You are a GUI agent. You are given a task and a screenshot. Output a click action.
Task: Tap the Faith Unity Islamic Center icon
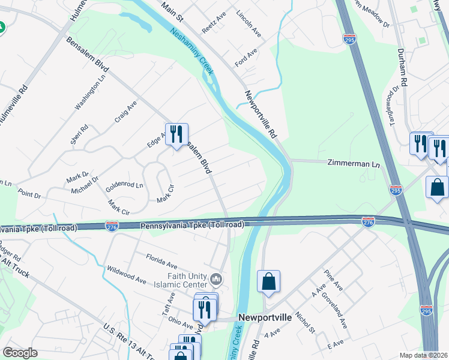217,279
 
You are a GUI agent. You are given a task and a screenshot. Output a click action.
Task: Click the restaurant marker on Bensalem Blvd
176,134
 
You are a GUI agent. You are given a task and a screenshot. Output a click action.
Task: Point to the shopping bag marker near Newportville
269,282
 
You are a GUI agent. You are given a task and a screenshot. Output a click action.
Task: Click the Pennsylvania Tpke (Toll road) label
192,225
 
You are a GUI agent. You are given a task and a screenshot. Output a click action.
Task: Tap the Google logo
20,353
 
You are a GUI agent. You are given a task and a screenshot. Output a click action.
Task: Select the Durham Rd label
402,67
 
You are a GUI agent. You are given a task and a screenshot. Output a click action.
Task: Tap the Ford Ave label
246,58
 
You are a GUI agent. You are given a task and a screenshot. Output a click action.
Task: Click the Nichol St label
305,322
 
